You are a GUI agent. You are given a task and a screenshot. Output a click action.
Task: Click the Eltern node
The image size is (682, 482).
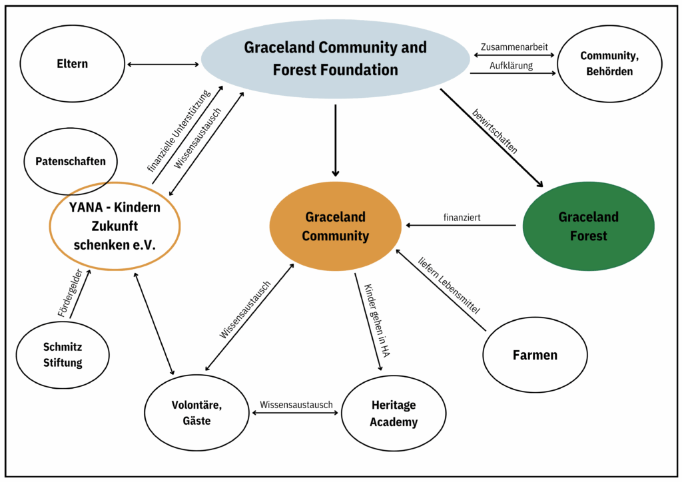click(72, 64)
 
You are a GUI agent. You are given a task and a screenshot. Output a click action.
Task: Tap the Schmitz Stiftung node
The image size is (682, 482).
click(63, 355)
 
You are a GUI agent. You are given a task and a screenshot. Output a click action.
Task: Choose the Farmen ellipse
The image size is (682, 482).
click(535, 355)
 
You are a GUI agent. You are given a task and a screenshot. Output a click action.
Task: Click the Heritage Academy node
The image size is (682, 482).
click(394, 413)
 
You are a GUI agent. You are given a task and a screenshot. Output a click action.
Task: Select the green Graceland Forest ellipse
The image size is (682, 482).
click(588, 226)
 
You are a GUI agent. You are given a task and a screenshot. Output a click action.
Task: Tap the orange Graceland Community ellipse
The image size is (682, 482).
click(336, 226)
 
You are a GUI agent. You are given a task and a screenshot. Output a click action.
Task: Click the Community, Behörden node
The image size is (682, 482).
click(609, 63)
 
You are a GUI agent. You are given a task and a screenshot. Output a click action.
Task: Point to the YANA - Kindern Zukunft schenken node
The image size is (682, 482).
click(115, 226)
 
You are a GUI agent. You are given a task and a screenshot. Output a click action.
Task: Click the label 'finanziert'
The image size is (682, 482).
click(462, 218)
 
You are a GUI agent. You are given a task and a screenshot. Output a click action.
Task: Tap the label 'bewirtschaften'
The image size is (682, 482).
click(494, 130)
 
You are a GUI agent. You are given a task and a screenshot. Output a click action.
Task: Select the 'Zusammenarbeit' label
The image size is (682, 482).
click(513, 47)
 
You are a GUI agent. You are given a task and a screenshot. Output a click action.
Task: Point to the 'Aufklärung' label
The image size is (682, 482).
click(511, 65)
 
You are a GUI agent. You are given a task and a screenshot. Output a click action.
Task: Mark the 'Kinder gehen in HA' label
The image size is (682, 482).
click(376, 321)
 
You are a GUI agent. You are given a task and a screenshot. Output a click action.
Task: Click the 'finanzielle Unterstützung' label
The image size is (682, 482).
click(178, 130)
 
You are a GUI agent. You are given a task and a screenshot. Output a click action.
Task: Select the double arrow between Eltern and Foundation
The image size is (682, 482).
click(163, 65)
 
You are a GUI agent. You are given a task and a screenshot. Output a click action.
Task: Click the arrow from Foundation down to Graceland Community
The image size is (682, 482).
click(335, 140)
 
